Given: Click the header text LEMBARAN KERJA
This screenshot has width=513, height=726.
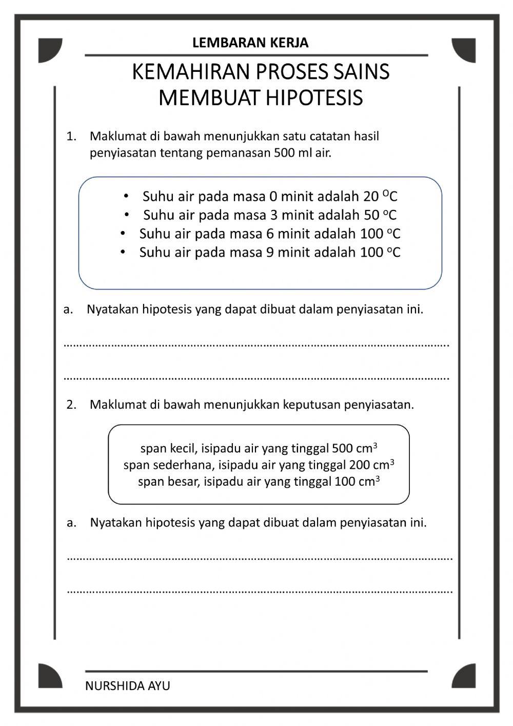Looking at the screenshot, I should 250,43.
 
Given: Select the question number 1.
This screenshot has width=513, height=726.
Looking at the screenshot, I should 71,137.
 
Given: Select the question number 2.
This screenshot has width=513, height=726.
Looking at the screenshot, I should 71,405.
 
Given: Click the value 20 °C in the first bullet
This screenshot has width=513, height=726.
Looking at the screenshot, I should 380,197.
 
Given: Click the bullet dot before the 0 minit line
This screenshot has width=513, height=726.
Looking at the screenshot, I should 126,197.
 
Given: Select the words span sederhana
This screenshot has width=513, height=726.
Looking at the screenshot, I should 169,465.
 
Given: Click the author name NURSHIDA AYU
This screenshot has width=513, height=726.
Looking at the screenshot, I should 128,686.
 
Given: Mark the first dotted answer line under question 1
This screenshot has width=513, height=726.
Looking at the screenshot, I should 256,345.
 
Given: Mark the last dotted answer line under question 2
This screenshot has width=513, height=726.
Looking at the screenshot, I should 260,591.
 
